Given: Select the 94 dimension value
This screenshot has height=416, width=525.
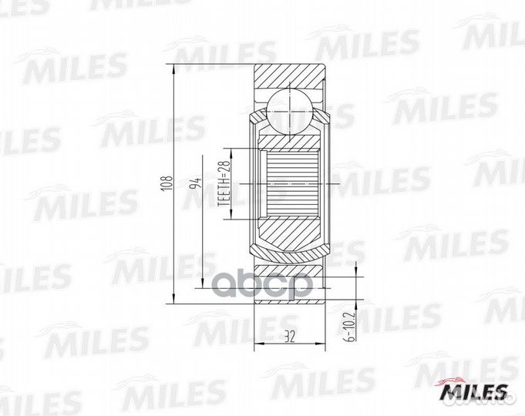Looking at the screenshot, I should (197, 185).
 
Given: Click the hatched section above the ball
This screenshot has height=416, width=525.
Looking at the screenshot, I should (290, 77).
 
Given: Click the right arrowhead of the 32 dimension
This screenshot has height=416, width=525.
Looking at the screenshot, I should (321, 344).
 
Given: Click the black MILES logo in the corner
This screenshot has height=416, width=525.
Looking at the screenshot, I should (473, 393).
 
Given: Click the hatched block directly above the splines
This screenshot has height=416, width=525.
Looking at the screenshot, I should (290, 141).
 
